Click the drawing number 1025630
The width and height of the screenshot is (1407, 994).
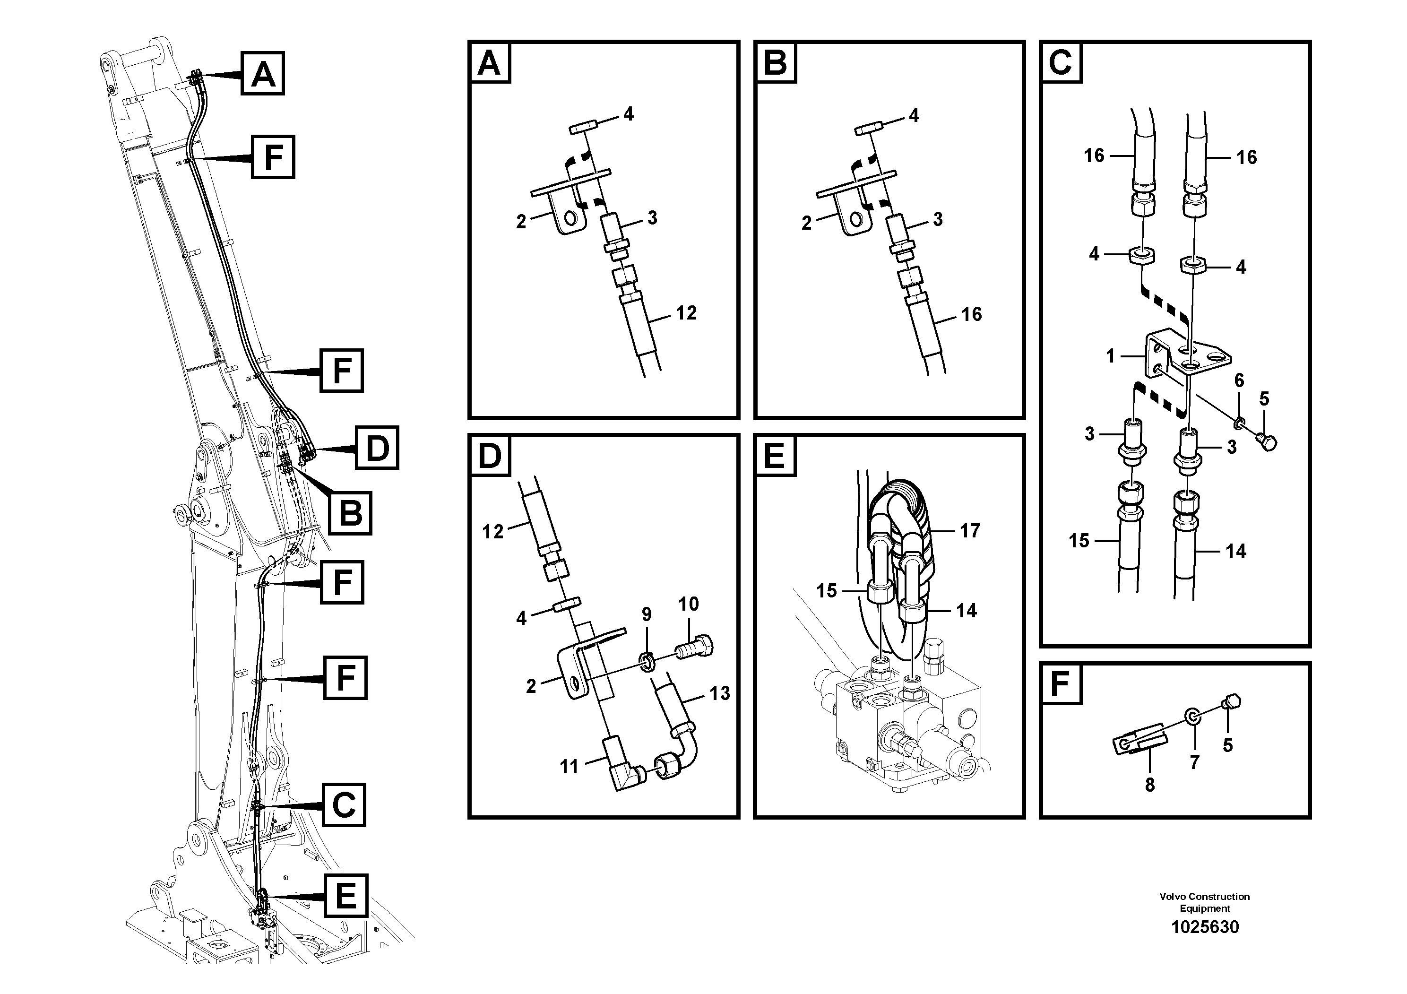(1204, 926)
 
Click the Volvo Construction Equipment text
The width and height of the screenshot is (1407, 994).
(1204, 902)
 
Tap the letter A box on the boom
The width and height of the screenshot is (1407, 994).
(263, 74)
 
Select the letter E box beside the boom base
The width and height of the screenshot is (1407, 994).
(345, 896)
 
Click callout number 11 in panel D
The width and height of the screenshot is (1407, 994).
(569, 766)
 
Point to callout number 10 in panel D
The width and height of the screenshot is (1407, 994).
(688, 604)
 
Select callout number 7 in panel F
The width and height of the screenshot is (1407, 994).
(1194, 762)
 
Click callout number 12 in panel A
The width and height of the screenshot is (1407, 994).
(686, 313)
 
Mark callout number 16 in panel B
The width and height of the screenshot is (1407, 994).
(971, 314)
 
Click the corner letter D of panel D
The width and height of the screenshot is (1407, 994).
(489, 456)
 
